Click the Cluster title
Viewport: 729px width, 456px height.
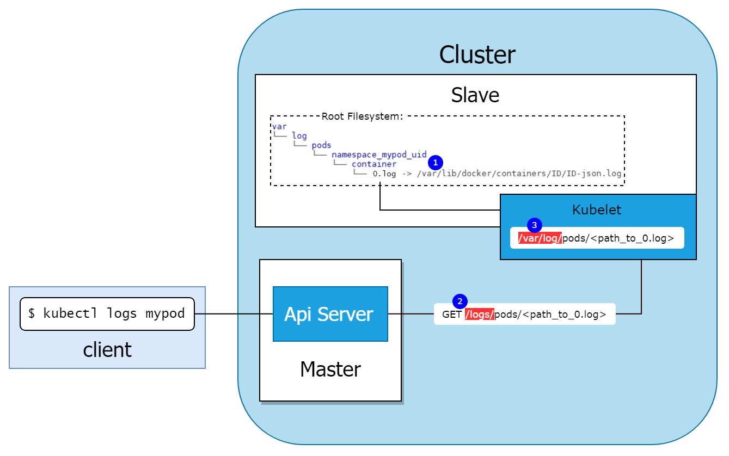point(477,55)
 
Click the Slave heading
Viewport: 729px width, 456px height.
point(475,95)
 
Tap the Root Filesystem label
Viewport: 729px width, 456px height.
point(362,116)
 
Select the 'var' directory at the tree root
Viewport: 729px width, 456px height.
point(279,126)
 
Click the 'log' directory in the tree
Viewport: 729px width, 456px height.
point(299,135)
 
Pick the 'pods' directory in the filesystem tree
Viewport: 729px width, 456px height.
point(321,145)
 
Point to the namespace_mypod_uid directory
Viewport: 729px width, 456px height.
point(379,155)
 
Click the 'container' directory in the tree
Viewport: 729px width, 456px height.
point(373,164)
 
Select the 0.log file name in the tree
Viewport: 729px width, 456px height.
point(384,174)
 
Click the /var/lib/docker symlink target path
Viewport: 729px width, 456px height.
point(518,174)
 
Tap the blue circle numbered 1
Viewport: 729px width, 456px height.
point(435,162)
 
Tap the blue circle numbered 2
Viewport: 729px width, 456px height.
point(460,301)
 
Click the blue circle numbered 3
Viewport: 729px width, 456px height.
point(534,225)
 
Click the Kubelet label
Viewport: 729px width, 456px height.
point(597,209)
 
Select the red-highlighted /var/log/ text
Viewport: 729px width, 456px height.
point(540,238)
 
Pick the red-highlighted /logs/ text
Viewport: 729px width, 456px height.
point(479,315)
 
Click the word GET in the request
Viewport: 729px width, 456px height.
point(452,315)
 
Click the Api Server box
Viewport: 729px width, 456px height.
point(330,314)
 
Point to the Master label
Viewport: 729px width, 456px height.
point(330,369)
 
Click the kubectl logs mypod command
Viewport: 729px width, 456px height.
point(107,313)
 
